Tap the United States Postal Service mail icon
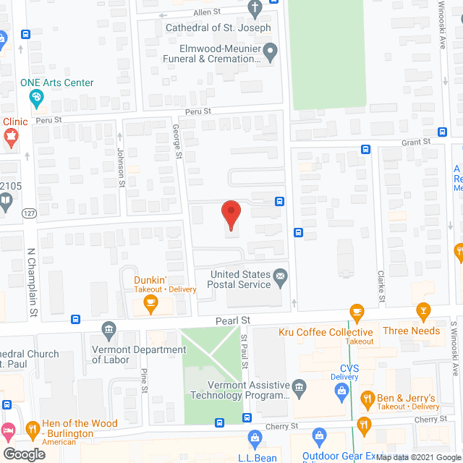280,275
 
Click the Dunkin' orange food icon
150,305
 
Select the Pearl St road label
232,320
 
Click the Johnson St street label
121,168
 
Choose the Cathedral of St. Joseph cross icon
254,9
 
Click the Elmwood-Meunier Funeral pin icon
271,51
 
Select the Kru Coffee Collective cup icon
355,312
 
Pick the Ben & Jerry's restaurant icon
368,399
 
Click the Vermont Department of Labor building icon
109,331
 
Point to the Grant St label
415,142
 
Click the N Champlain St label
32,282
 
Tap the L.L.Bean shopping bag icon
255,437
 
